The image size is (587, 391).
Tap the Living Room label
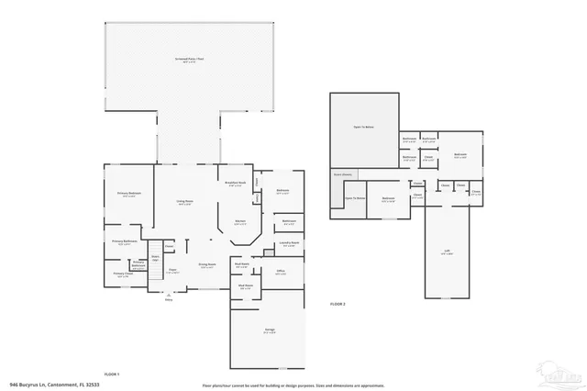click(184, 203)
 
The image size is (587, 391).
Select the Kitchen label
click(238, 222)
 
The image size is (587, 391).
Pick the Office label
click(281, 273)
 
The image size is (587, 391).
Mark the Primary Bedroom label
click(128, 195)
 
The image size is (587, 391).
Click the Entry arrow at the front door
click(168, 296)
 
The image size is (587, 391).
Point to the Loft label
click(447, 255)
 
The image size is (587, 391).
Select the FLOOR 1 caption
click(112, 374)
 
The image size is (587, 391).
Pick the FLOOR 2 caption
click(338, 304)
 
